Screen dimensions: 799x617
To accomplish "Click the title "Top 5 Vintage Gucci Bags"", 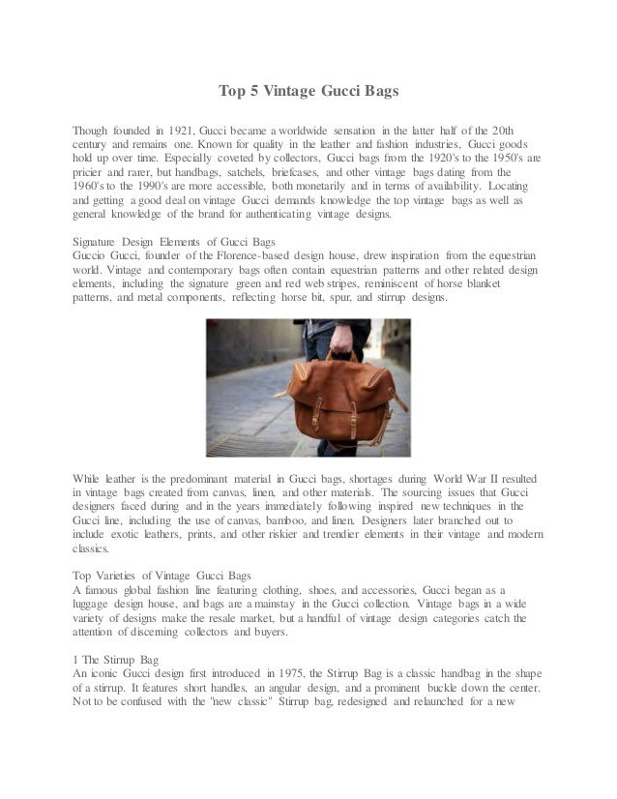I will (308, 93).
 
